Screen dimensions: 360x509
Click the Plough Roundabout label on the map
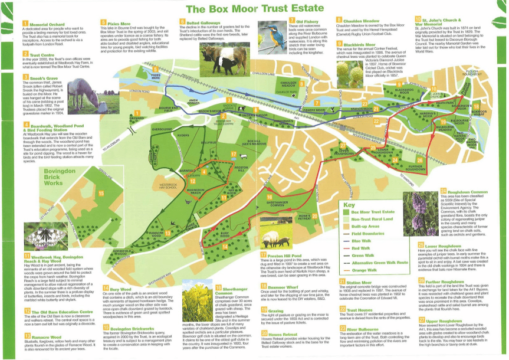[472, 74]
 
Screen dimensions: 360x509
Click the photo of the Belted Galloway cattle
[224, 58]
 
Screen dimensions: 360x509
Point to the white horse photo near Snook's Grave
[85, 96]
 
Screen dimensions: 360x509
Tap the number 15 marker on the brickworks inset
[101, 192]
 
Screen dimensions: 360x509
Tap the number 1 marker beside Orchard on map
[137, 112]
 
